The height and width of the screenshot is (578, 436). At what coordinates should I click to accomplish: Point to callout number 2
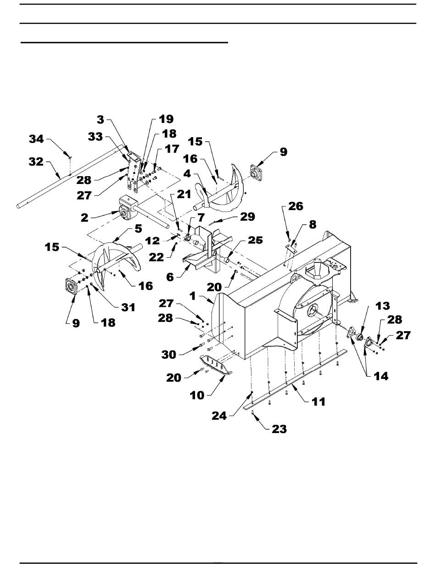(84, 217)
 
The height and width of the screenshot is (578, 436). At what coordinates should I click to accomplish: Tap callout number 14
(381, 376)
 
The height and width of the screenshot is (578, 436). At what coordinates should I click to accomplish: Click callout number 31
(128, 308)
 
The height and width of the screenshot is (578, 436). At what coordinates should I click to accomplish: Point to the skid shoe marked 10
(217, 365)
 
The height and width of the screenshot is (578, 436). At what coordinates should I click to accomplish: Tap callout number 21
(184, 195)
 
